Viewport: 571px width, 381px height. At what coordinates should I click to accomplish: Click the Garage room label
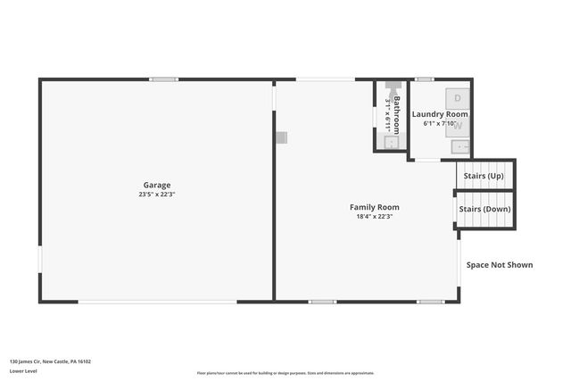157,186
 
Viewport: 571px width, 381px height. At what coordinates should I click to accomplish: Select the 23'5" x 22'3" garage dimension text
157,195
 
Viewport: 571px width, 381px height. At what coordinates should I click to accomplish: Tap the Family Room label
374,207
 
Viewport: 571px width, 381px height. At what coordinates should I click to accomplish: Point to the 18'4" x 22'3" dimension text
374,216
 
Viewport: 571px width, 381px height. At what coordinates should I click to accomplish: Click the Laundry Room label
440,114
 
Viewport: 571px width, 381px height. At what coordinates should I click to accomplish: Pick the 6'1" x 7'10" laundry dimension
440,123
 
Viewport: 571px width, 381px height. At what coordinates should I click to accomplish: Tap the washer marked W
458,125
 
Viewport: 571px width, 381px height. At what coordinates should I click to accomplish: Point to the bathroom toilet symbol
390,90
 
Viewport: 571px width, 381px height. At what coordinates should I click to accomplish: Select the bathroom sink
390,141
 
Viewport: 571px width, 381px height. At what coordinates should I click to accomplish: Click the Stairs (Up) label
483,176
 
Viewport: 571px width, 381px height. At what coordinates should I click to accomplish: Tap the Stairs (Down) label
484,209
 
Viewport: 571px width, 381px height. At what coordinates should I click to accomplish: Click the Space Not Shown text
500,264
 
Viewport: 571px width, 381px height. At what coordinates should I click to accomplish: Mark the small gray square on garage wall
281,137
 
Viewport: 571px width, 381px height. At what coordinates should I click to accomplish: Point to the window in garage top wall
163,79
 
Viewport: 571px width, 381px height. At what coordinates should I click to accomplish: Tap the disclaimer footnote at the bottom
285,372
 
